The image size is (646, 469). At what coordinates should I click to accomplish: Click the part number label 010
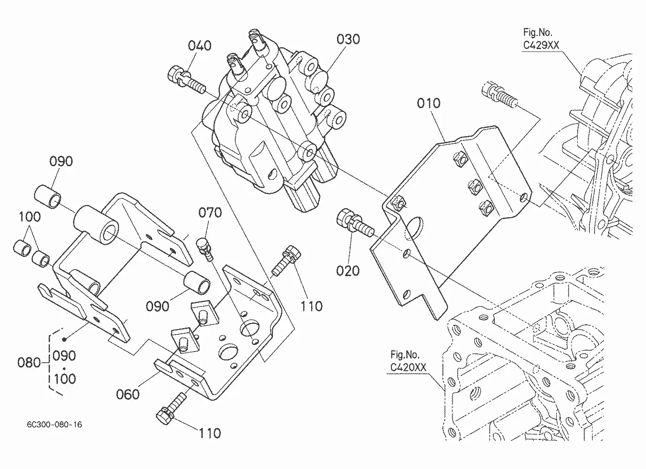(428, 103)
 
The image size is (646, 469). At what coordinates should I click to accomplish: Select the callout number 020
(348, 271)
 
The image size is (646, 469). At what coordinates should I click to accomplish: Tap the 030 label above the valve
(348, 39)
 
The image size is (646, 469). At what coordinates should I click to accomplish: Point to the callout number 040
(199, 45)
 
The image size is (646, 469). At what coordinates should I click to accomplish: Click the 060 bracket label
(128, 394)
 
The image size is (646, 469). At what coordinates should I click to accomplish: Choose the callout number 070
(210, 213)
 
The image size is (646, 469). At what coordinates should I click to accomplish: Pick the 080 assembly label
(29, 362)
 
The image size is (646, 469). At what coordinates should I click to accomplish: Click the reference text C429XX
(541, 45)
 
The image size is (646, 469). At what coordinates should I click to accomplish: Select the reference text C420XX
(408, 367)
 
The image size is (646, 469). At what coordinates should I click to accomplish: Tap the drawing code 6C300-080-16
(54, 424)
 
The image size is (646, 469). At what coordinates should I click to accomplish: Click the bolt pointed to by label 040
(186, 79)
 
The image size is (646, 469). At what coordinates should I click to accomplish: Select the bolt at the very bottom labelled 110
(170, 408)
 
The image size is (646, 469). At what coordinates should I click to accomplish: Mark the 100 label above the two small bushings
(29, 217)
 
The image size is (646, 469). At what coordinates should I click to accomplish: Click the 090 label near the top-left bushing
(61, 161)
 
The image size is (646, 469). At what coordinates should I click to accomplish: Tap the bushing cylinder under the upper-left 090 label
(48, 197)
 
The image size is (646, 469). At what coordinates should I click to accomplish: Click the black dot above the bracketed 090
(65, 339)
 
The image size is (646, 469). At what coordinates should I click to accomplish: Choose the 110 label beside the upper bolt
(311, 306)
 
